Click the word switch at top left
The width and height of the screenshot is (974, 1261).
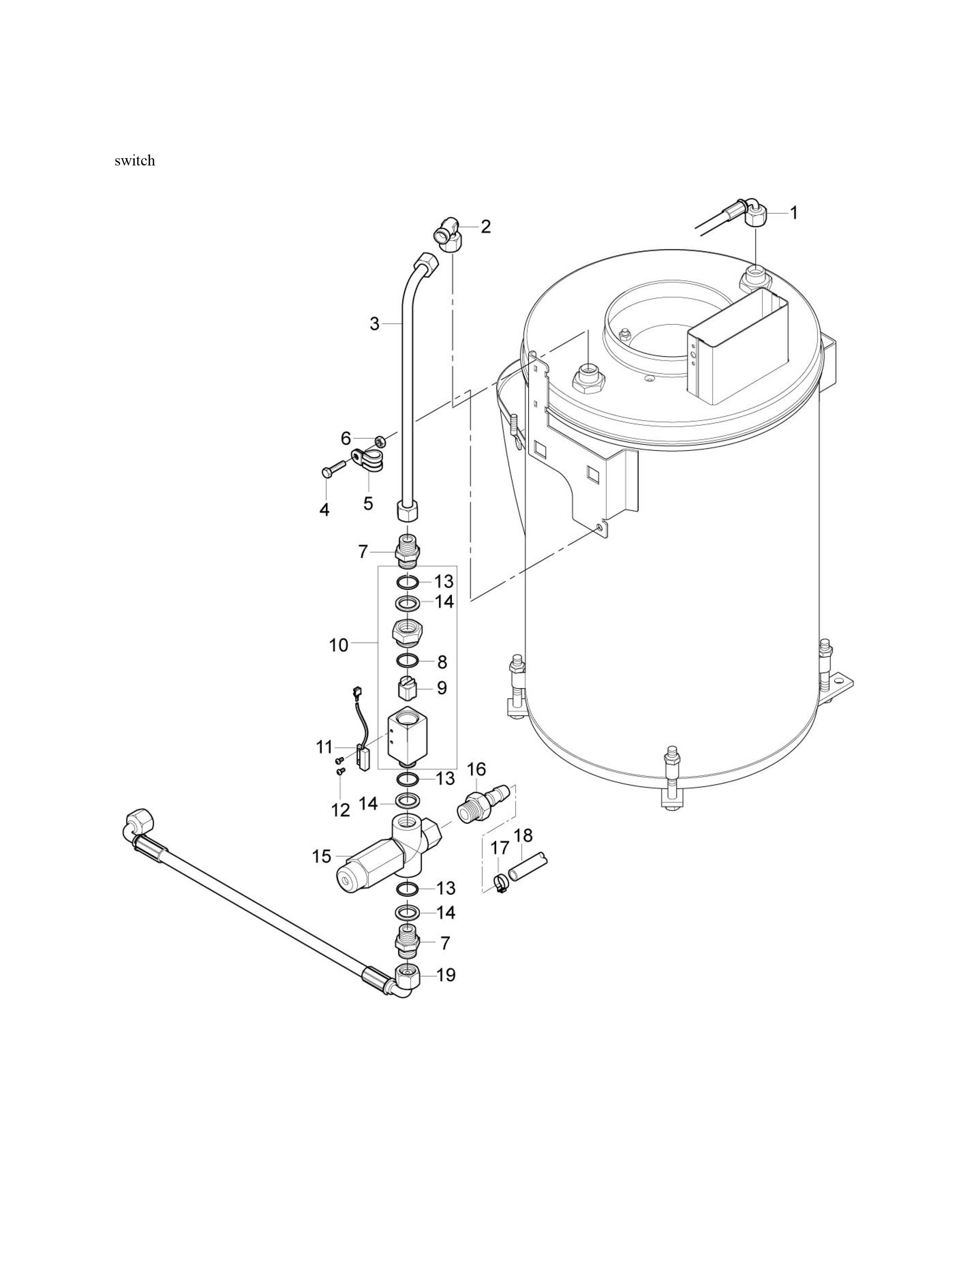click(134, 160)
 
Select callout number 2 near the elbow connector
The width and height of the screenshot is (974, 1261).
click(486, 226)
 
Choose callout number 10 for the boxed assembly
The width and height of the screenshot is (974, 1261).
click(339, 645)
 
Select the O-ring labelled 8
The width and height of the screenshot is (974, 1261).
click(408, 661)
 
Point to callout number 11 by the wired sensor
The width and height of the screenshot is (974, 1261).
click(324, 747)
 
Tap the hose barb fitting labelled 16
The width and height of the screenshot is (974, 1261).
click(484, 802)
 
